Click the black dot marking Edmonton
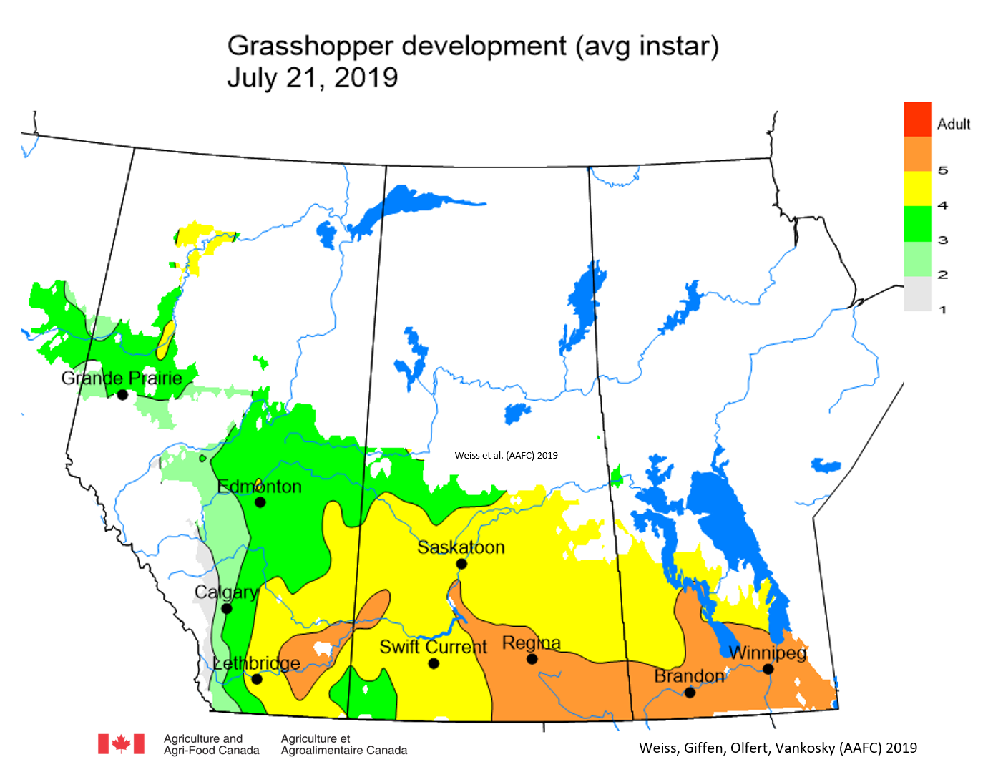point(260,502)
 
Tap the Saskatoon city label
point(461,547)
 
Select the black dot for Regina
point(532,659)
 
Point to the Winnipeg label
point(767,653)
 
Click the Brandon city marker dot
point(690,692)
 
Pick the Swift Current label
point(433,647)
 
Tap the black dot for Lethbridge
point(257,679)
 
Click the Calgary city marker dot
point(227,609)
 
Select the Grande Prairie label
point(122,378)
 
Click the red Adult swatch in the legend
point(918,119)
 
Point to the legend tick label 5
point(943,171)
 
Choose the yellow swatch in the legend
point(918,188)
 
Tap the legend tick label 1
point(943,310)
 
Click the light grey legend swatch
point(918,293)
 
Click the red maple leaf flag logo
point(121,744)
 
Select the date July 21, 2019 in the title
point(313,77)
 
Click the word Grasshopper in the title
point(310,46)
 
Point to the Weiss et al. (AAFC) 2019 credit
point(506,456)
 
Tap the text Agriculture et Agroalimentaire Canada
point(343,744)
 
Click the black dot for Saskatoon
point(461,564)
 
